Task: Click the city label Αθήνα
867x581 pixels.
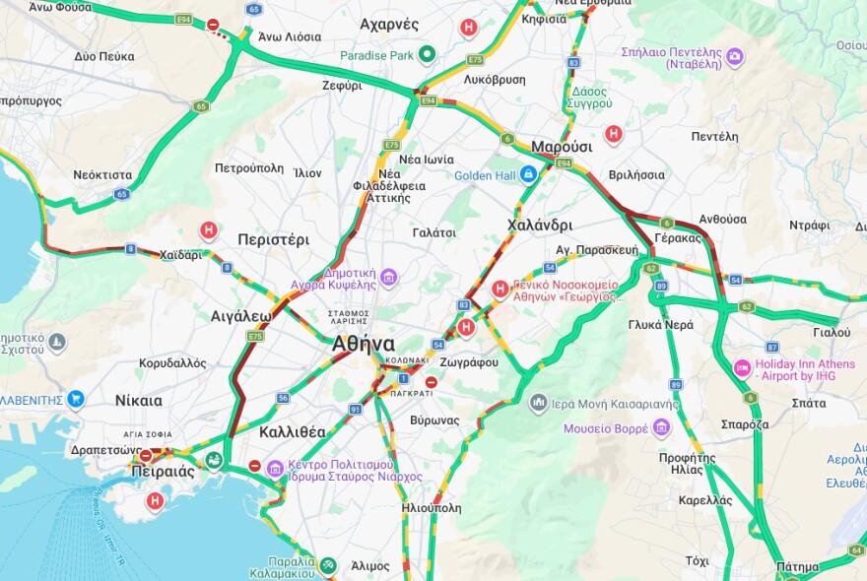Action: point(364,344)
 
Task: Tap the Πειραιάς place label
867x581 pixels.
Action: point(163,471)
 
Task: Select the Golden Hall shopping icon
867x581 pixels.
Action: point(528,175)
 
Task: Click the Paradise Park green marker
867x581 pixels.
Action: point(427,54)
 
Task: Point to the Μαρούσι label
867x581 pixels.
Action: point(562,147)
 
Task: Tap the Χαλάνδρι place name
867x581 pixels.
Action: point(540,225)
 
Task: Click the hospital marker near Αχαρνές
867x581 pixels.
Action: point(469,28)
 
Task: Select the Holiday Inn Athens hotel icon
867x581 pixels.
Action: point(742,368)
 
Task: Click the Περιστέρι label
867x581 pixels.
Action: point(273,239)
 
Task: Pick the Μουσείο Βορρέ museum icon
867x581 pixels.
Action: point(661,427)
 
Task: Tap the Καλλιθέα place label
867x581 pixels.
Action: point(292,431)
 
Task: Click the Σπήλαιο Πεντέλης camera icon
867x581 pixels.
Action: point(735,58)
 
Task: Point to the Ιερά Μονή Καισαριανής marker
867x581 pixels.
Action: point(538,402)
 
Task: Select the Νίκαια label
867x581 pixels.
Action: point(138,400)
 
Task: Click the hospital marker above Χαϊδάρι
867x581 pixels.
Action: point(208,230)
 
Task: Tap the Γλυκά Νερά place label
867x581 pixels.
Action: point(660,324)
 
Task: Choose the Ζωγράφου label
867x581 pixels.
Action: point(469,362)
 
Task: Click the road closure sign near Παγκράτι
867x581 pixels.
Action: point(431,381)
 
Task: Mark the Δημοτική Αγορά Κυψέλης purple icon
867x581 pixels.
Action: point(388,279)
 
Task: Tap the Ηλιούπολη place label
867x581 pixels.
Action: point(432,508)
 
